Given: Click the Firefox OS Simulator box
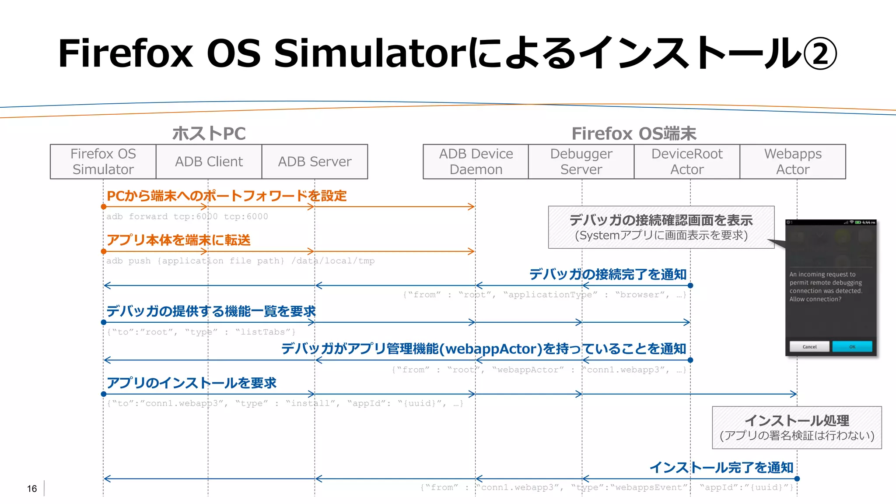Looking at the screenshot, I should point(103,162).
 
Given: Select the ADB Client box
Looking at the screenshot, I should point(209,162).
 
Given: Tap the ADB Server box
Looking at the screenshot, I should point(315,162).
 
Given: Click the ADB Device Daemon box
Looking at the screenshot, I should point(476,162).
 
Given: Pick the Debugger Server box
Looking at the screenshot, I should point(581,162).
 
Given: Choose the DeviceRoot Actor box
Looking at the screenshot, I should point(687,162).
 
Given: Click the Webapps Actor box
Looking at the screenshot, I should point(793,162).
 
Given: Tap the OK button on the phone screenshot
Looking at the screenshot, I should point(852,346).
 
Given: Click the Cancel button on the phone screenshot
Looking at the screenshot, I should point(809,346).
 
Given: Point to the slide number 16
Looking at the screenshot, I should point(32,489).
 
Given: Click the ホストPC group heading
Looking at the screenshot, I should point(209,134).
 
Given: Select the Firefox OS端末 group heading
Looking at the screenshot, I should point(633,134).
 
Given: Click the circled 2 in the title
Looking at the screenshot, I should point(820,54).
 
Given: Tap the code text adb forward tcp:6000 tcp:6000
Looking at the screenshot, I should point(187,216).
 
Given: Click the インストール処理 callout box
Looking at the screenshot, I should point(797,427).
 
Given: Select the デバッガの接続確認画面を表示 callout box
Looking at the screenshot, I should point(661,227).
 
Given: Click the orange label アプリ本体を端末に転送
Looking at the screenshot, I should point(178,240).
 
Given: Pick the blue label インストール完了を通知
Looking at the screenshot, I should point(721,467).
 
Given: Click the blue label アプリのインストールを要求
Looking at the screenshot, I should point(192,383).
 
